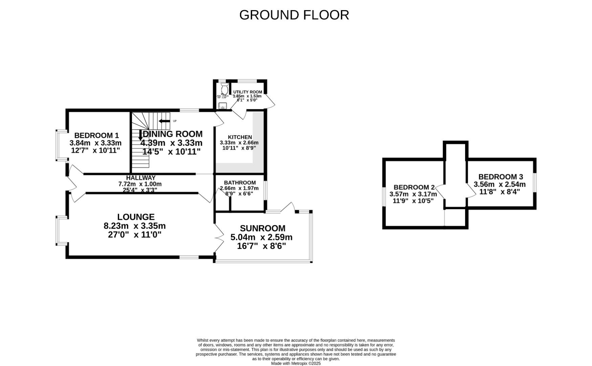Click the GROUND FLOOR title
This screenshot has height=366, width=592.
294,15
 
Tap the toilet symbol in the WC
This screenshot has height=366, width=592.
224,89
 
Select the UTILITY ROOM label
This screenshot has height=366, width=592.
247,92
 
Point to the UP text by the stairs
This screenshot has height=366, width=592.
175,121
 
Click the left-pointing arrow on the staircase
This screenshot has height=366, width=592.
165,121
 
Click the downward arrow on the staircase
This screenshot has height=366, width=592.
140,135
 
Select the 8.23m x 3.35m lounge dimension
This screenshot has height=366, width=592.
135,226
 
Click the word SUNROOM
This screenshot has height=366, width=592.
262,228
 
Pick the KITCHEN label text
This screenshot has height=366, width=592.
240,137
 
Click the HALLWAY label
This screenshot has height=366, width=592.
141,178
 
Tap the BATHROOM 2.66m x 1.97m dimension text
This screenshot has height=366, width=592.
239,188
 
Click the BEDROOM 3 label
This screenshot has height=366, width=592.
500,177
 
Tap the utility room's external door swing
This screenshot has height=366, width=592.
270,101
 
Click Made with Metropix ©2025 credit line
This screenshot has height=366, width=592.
295,363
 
